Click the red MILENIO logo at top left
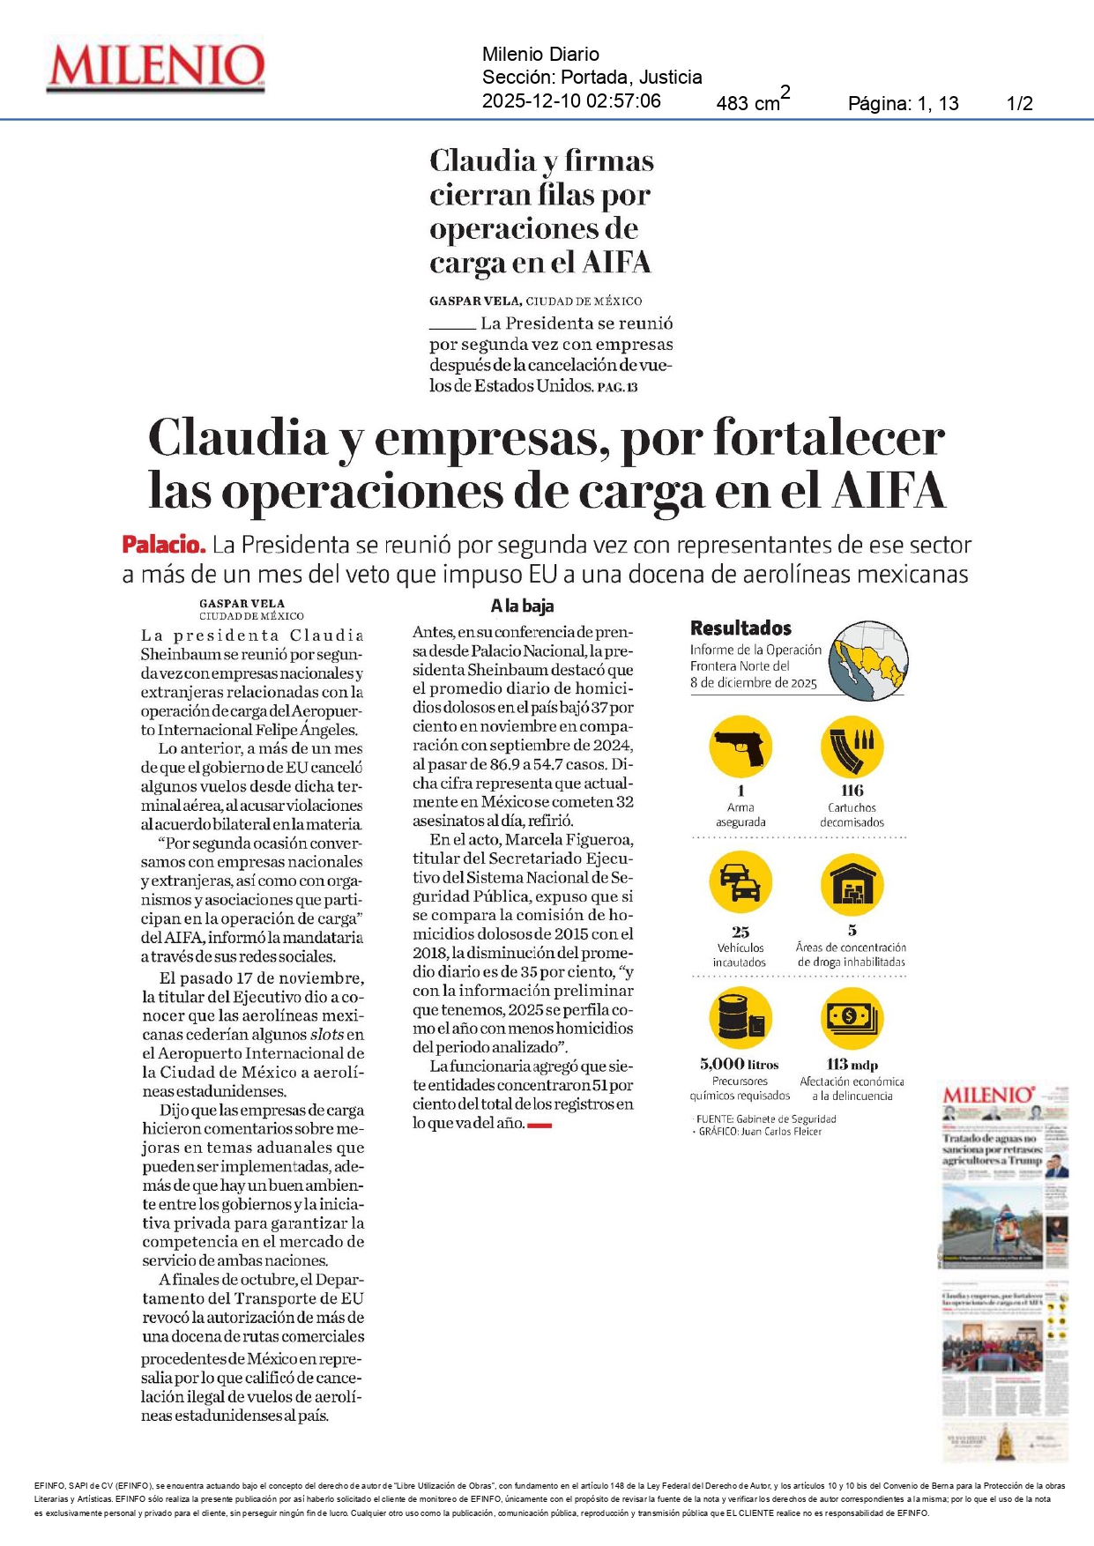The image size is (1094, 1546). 156,67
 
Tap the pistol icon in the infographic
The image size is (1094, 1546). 740,747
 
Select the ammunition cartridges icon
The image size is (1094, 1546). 852,747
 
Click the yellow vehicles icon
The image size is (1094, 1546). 740,883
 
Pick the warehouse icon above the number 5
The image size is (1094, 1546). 852,883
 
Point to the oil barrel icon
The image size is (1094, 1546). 740,1018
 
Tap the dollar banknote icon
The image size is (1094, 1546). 852,1018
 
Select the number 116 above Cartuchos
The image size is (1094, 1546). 852,790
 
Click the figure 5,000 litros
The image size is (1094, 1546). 739,1064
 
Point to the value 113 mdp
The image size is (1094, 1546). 852,1064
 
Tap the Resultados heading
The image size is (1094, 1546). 740,628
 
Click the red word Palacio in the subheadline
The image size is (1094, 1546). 163,545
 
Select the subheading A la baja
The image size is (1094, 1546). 522,606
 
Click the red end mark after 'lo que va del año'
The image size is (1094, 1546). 540,1125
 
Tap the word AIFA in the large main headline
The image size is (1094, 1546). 889,491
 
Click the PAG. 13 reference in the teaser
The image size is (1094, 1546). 617,387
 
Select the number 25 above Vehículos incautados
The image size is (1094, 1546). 740,932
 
